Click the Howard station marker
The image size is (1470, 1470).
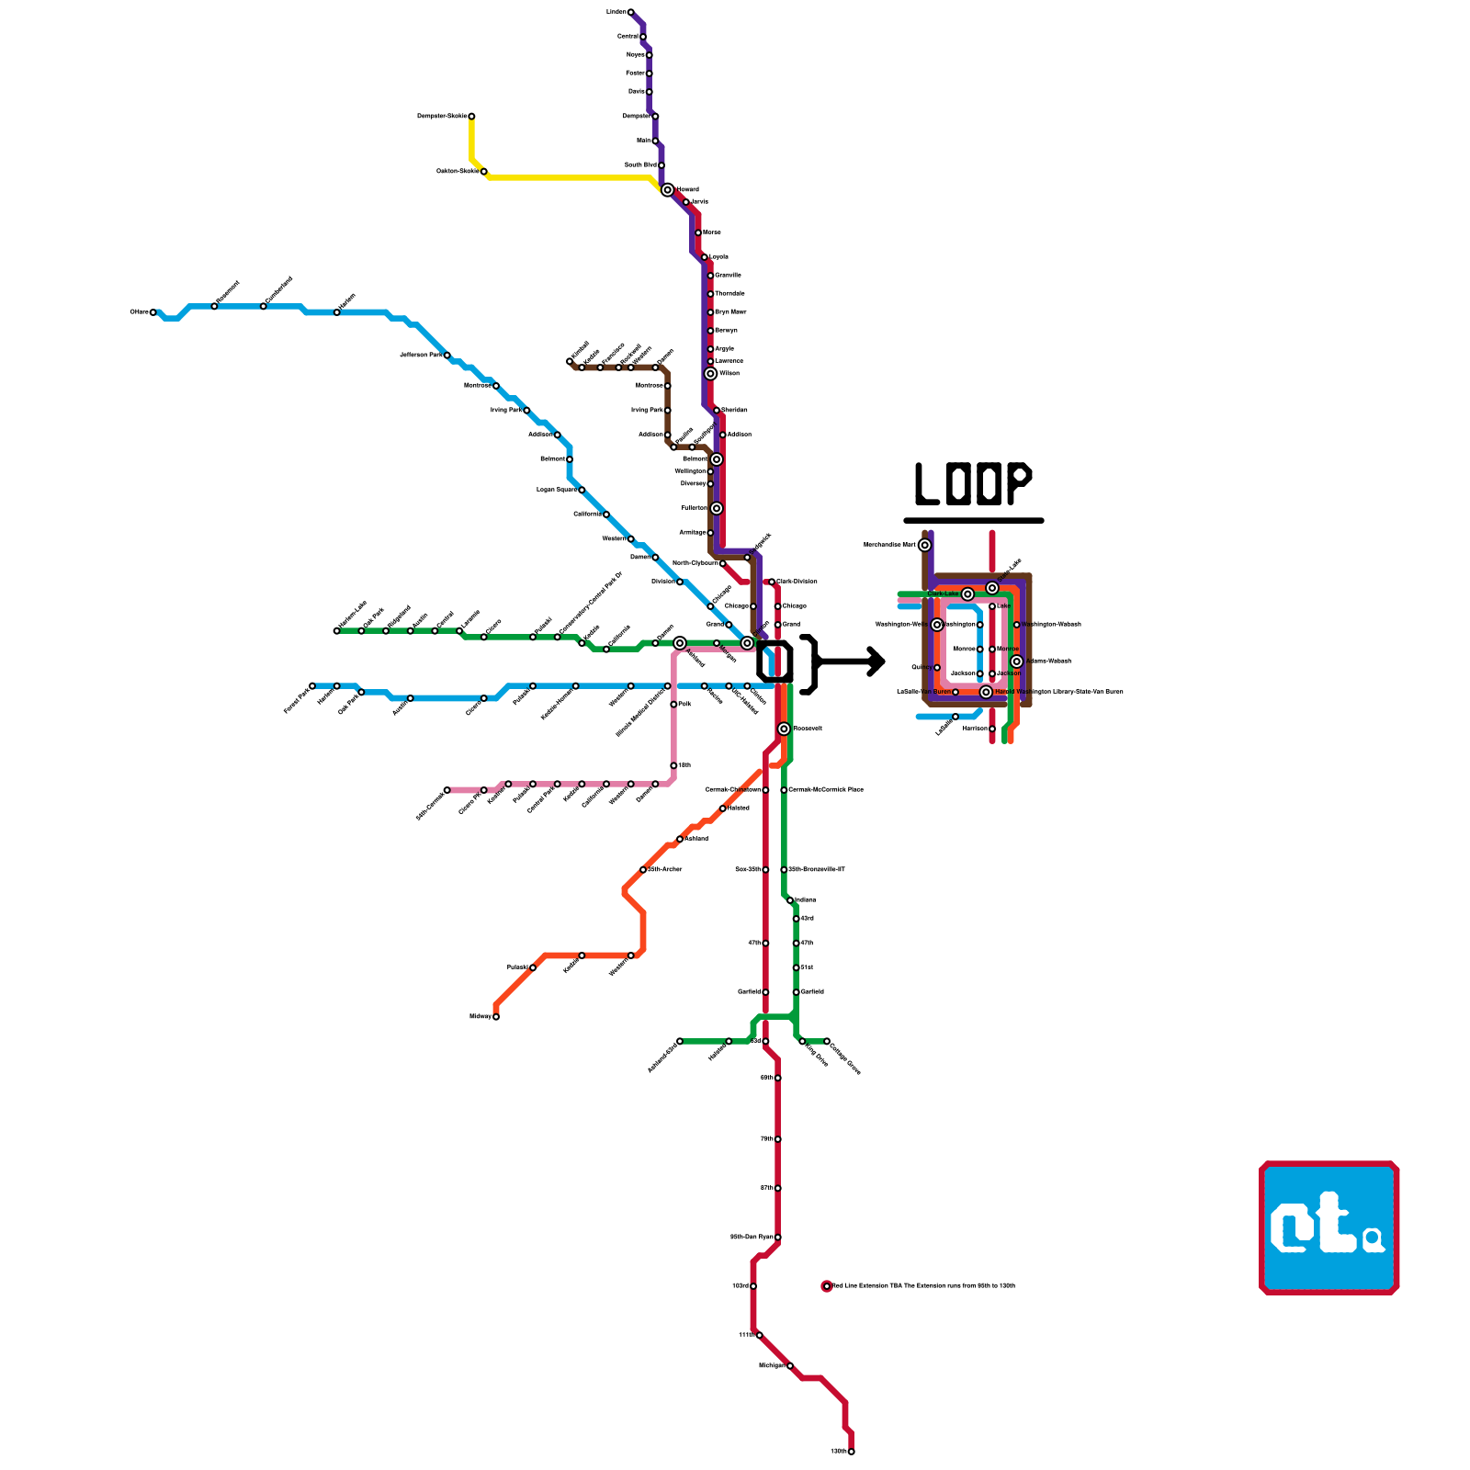point(667,189)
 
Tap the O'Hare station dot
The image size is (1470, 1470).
point(153,312)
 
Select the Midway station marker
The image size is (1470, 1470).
point(496,1016)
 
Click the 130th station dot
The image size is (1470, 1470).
point(852,1452)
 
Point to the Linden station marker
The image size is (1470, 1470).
point(630,12)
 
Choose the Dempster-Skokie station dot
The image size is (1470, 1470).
point(471,116)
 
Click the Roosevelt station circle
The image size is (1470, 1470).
point(784,729)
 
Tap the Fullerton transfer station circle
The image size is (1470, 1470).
point(717,508)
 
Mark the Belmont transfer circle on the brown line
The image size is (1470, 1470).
point(717,459)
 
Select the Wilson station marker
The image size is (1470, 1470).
point(710,374)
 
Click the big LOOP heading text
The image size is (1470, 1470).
point(973,484)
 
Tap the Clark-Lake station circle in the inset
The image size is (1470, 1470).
point(967,594)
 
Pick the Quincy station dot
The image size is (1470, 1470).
point(937,668)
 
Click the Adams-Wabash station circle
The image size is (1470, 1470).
point(1017,661)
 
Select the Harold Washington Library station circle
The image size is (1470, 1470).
point(986,692)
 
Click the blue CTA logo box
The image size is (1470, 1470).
point(1329,1227)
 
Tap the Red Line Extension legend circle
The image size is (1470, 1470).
point(827,1286)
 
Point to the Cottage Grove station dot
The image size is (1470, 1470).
point(827,1041)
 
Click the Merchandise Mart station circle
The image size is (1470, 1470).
point(925,545)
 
